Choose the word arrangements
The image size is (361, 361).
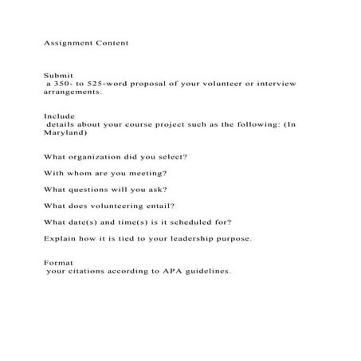[x=73, y=92]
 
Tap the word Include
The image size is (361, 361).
[x=59, y=116]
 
